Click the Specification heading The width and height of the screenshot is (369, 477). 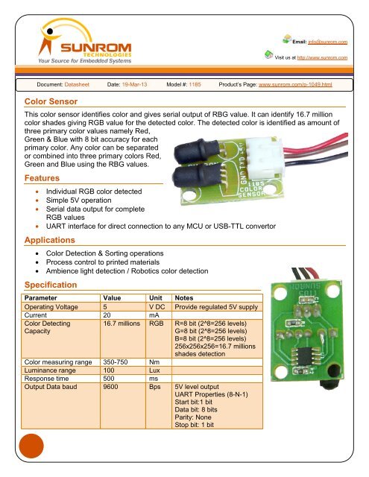[x=57, y=285]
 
